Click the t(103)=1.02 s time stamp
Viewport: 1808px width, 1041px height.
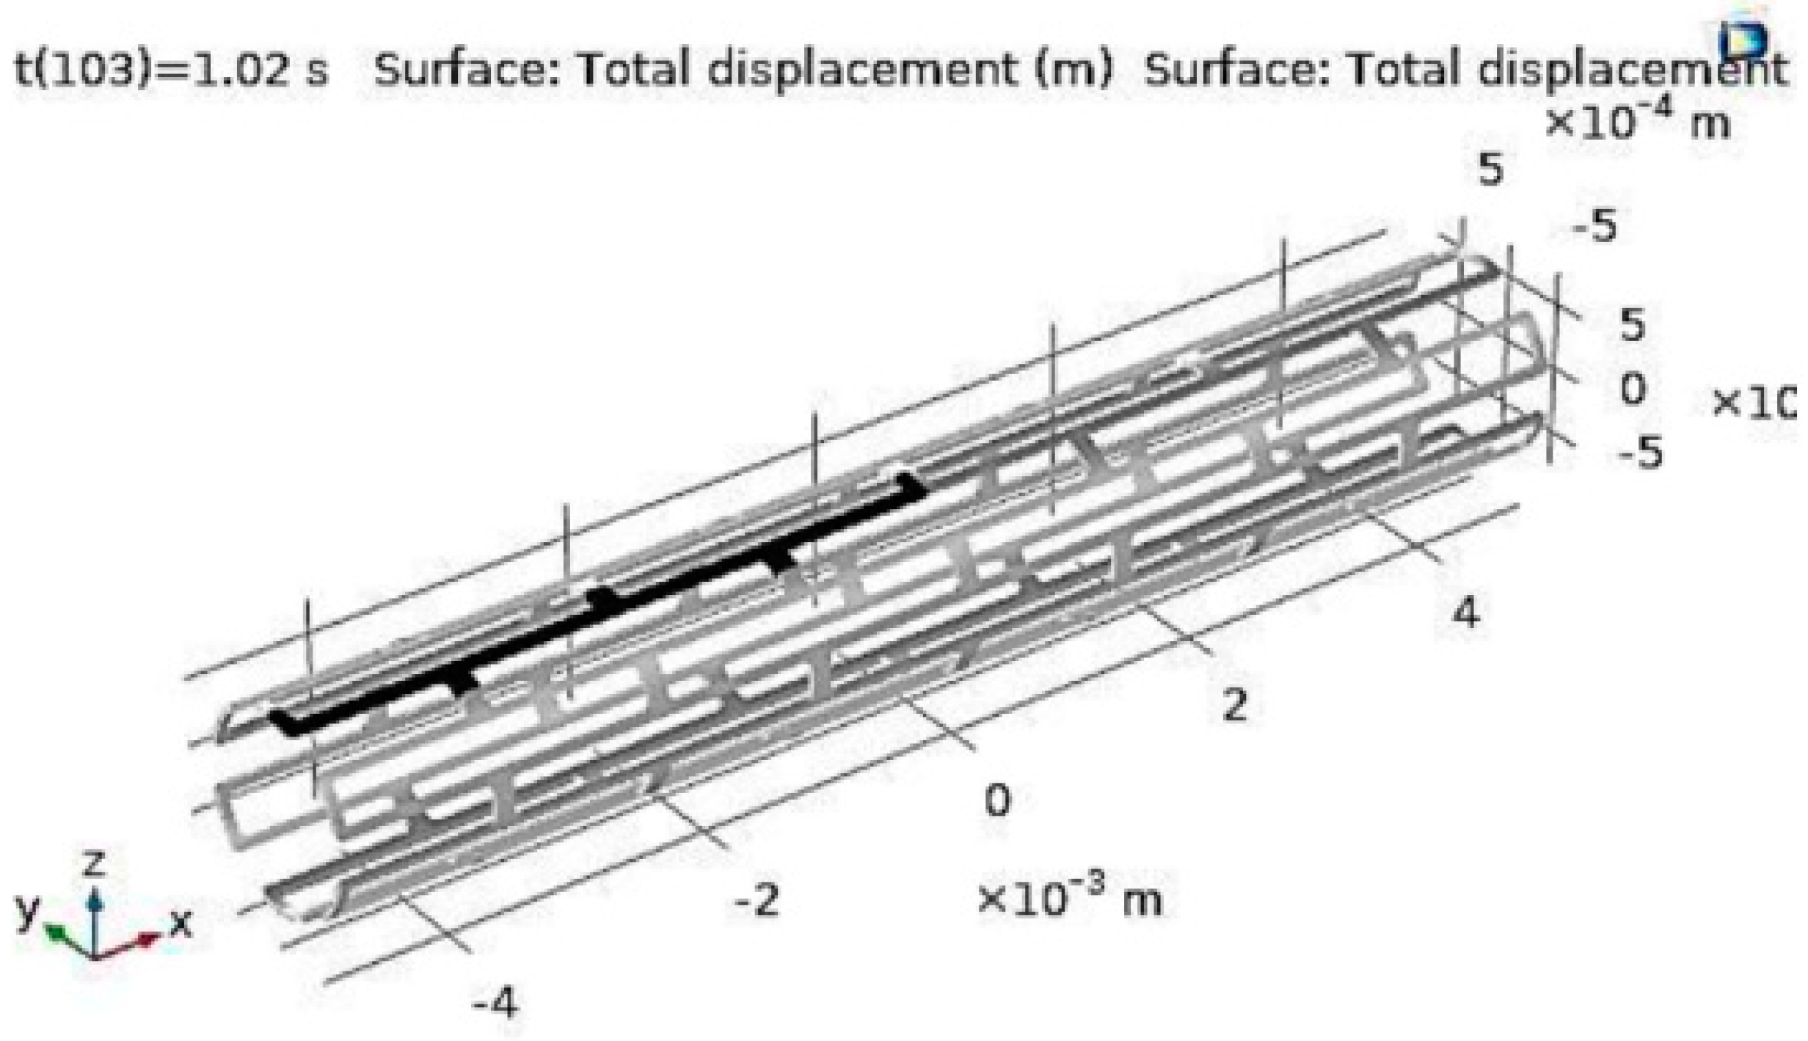click(x=172, y=70)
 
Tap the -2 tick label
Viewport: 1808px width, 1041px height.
click(x=757, y=900)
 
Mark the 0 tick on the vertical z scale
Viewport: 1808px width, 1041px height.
click(x=1633, y=389)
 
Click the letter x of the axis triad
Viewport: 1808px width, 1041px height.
click(x=181, y=924)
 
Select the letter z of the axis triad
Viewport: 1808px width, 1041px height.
click(x=94, y=863)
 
